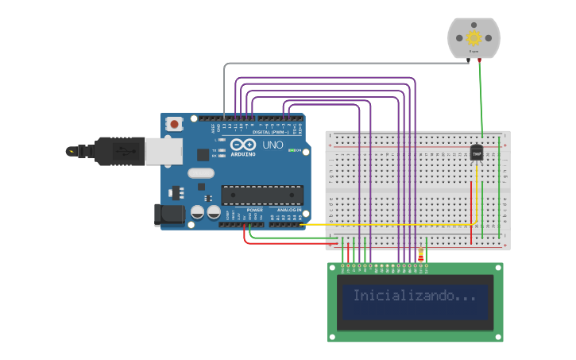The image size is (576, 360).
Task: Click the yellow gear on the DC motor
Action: tap(474, 37)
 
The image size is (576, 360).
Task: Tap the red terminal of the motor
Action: tap(479, 60)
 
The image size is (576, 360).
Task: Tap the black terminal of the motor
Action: tap(470, 60)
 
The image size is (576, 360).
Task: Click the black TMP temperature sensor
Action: tap(477, 151)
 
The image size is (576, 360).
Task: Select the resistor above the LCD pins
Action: tap(420, 255)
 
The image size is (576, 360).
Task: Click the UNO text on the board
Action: tap(273, 145)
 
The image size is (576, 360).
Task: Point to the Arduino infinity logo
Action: tap(244, 145)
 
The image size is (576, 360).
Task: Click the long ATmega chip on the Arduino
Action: tap(262, 195)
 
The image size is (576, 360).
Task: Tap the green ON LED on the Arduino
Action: tap(292, 150)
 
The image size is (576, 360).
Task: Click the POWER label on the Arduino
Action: tap(254, 210)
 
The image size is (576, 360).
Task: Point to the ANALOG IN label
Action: tap(289, 210)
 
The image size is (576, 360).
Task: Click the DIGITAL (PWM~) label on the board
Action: tap(268, 132)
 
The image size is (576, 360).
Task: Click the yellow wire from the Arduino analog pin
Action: tap(381, 225)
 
